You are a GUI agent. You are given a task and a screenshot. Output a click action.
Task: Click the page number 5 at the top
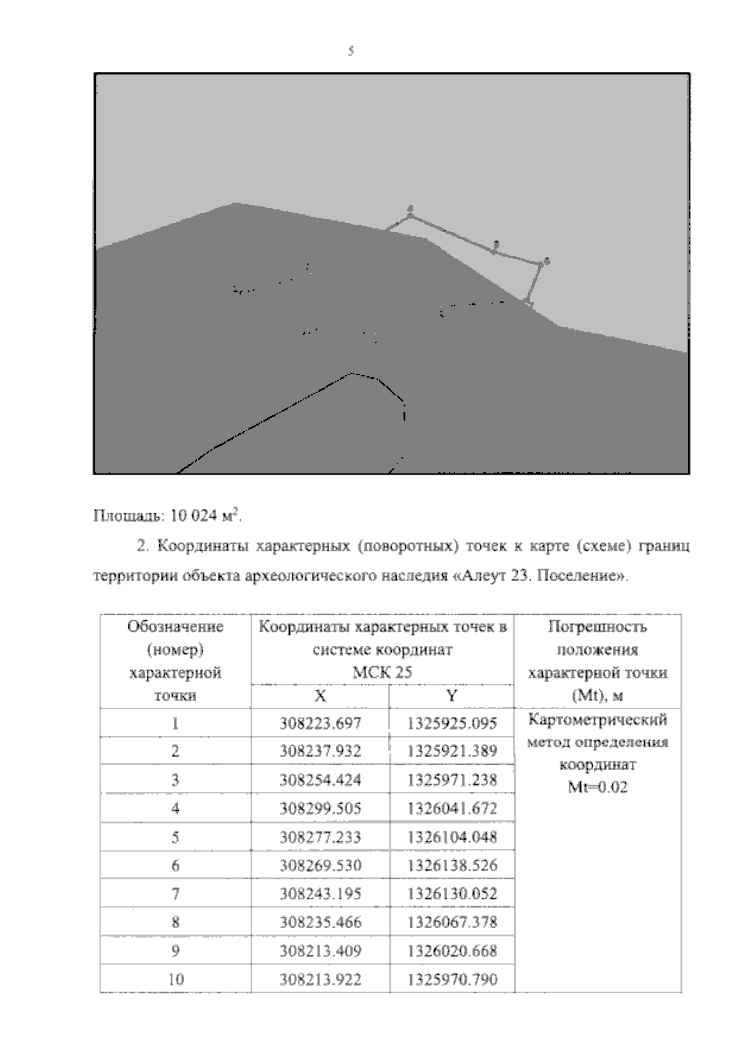coord(351,52)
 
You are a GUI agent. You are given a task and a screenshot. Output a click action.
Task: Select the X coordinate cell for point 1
coord(320,723)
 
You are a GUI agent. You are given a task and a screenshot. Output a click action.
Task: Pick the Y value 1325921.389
coord(451,751)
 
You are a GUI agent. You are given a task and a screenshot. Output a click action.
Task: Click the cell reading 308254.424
coord(320,780)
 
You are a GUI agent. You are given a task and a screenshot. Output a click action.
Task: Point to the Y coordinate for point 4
coord(451,809)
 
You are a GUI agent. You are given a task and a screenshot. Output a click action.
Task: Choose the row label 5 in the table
coord(175,838)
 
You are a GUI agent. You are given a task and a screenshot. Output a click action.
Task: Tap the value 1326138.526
coord(451,866)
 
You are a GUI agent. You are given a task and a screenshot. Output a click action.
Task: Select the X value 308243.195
coord(320,894)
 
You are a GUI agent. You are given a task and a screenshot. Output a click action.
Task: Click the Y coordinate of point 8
coord(451,922)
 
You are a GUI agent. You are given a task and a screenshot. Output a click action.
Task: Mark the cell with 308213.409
coord(320,951)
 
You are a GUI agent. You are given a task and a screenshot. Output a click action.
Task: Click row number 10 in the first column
coord(176,979)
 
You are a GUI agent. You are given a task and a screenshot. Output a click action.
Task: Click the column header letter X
coord(320,696)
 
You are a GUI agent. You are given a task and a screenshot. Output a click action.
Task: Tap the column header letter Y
coord(451,696)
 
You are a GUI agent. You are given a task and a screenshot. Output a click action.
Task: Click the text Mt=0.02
coord(598,788)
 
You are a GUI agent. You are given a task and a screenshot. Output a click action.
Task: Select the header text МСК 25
coord(381,672)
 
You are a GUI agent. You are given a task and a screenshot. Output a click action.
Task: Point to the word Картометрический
coord(598,719)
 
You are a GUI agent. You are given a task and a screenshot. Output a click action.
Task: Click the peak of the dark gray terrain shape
coord(236,204)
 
